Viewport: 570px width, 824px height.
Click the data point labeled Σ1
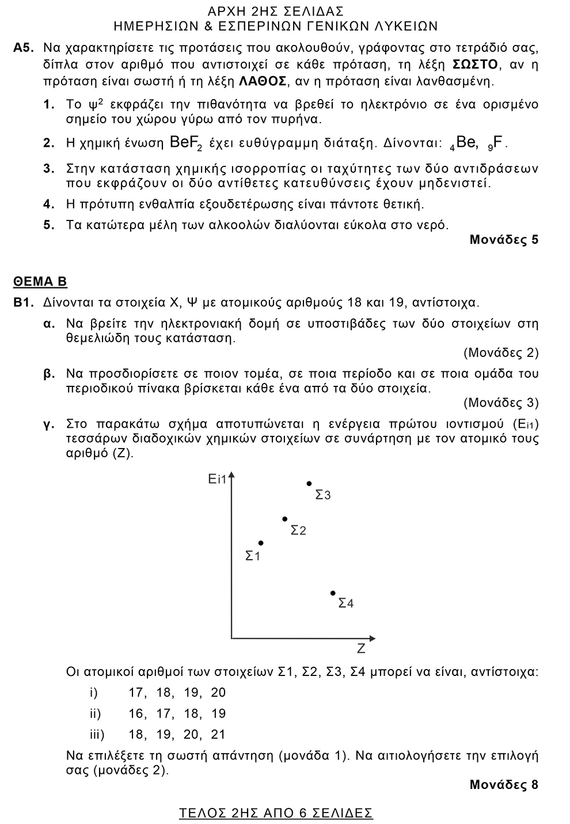261,543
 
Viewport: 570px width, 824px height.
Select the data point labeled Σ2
284,519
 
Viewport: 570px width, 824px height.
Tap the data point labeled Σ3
309,484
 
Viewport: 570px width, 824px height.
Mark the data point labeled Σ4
333,593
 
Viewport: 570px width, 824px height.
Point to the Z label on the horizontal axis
361,649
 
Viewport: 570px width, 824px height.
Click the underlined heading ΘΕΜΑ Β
40,282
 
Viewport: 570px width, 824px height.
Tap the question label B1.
25,302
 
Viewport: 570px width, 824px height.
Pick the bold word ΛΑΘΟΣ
263,81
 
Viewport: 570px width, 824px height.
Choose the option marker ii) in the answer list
95,713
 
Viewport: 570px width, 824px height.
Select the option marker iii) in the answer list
97,734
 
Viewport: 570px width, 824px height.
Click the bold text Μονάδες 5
504,240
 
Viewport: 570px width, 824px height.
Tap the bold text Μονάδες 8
504,784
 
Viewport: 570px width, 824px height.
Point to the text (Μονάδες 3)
501,402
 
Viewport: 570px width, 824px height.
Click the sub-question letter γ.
49,424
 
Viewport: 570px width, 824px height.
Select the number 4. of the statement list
49,204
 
